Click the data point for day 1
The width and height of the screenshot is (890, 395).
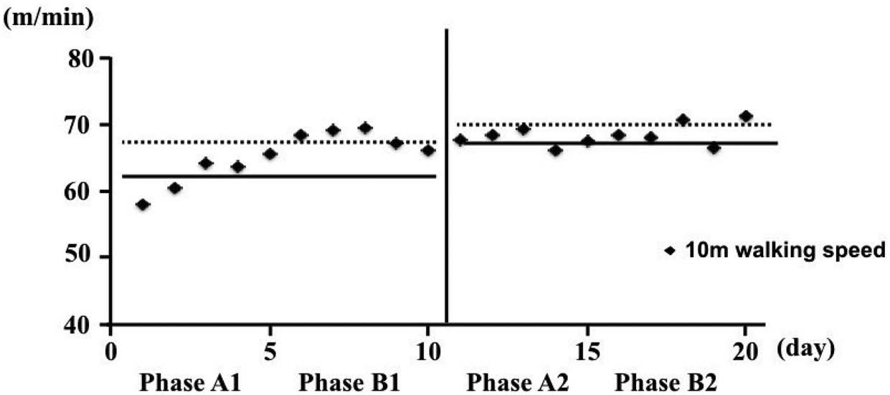(143, 205)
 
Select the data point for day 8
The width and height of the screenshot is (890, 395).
(365, 128)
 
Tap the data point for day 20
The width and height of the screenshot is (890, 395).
(746, 116)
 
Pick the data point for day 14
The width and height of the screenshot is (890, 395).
(555, 150)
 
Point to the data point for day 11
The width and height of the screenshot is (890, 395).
(460, 139)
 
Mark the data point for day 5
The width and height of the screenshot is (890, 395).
(270, 154)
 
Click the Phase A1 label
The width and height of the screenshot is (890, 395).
(189, 382)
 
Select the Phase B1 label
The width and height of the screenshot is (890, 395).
(349, 382)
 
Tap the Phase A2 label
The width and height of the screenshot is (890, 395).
(517, 382)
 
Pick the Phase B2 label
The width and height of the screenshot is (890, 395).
(666, 382)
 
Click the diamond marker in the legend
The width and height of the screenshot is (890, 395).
(670, 250)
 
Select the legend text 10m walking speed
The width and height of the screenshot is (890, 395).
(786, 250)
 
